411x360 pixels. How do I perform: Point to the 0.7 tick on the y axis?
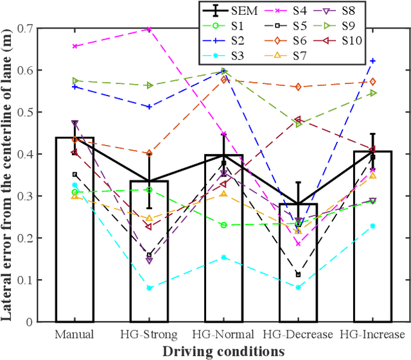(43, 28)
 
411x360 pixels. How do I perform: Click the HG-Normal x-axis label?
(223, 335)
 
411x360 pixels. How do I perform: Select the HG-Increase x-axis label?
(372, 335)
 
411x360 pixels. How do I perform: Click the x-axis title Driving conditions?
(223, 351)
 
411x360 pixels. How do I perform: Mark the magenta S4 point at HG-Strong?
(149, 29)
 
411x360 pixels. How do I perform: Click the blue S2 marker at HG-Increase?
(372, 61)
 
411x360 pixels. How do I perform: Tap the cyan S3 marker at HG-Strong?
(149, 288)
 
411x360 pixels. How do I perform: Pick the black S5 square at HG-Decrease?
(298, 275)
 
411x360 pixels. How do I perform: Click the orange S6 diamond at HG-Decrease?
(298, 87)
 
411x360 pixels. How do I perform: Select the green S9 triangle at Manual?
(75, 81)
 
